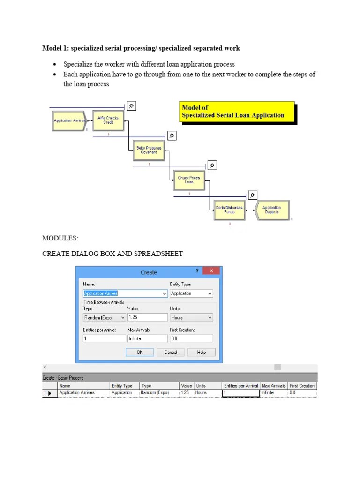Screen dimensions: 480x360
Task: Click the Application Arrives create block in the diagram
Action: point(69,121)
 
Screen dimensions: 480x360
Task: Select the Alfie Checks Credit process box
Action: point(108,121)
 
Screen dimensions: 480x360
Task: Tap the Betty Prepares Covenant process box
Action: point(149,150)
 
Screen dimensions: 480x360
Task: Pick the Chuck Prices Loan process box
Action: point(189,180)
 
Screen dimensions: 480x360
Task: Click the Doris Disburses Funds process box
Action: point(229,210)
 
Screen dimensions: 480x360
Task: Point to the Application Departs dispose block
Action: point(272,210)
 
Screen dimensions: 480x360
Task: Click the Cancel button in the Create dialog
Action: point(171,352)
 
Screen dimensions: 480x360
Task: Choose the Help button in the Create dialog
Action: point(201,352)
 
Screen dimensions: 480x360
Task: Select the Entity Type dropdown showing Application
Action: point(191,293)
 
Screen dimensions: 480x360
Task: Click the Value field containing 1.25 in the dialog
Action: point(147,317)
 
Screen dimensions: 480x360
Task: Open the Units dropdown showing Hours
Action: point(191,317)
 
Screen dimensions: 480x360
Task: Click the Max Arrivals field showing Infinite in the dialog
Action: point(147,338)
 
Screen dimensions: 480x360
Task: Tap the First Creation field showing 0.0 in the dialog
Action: point(191,338)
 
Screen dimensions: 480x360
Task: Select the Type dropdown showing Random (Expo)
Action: point(104,317)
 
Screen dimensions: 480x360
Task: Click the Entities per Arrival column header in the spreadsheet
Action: point(241,386)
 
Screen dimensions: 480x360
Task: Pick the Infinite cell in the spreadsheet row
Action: point(273,393)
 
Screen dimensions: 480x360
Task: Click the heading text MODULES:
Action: point(60,239)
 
